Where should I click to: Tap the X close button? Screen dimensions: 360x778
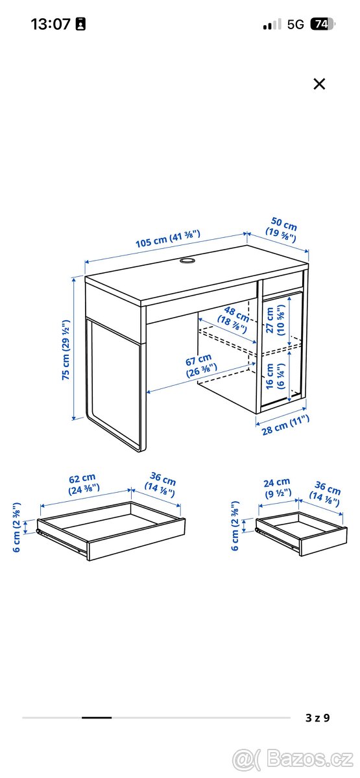click(x=319, y=84)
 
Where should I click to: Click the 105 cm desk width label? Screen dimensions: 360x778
click(x=168, y=239)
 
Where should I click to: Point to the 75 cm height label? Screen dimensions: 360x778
click(x=66, y=349)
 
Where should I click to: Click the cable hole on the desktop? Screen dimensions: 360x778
click(x=187, y=261)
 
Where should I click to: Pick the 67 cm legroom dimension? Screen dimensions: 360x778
click(x=200, y=365)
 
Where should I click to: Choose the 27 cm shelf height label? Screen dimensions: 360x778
click(x=276, y=320)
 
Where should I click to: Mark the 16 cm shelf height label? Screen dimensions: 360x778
click(x=275, y=376)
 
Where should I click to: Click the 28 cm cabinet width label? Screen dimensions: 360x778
click(x=285, y=425)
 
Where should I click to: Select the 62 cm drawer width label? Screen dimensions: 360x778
click(x=83, y=484)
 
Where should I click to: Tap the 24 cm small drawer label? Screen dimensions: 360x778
click(x=277, y=488)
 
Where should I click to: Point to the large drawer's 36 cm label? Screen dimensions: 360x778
click(x=161, y=484)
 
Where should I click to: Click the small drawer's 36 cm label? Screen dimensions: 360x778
click(x=326, y=493)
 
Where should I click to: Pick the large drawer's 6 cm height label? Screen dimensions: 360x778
click(x=17, y=527)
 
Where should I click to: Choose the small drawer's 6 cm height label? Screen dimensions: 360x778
click(x=235, y=526)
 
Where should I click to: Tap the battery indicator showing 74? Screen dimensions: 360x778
click(x=322, y=24)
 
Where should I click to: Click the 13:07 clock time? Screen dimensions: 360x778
click(x=51, y=24)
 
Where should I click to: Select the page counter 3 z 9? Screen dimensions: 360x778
click(x=318, y=718)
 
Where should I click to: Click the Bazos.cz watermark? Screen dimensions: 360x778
click(x=293, y=759)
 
